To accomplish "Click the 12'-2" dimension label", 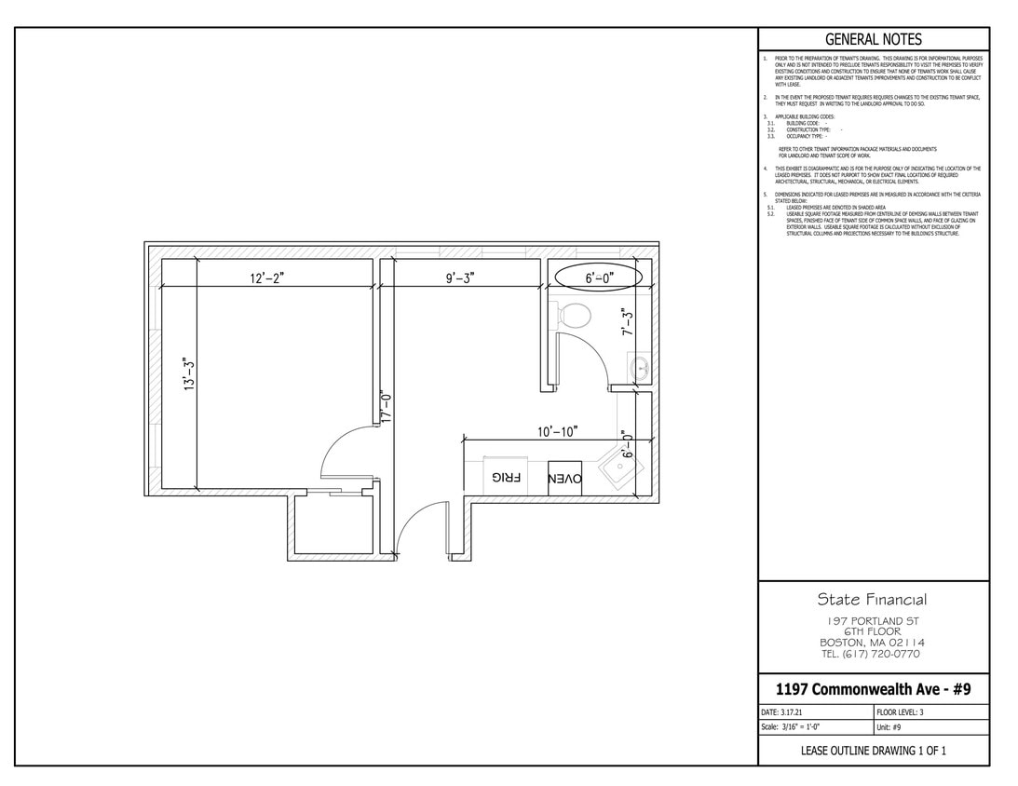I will [266, 278].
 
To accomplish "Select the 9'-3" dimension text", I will [460, 278].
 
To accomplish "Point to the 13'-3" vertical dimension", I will [189, 374].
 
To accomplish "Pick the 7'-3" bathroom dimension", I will [629, 321].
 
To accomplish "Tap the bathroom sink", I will [641, 368].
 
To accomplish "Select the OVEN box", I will [565, 478].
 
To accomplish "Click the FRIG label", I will [509, 478].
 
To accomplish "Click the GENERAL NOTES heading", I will [874, 39].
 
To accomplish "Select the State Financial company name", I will [872, 600].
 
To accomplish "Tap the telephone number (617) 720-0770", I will [872, 654].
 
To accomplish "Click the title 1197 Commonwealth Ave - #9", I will [873, 689].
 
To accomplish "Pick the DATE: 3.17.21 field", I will [782, 711].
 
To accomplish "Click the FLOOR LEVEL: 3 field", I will [900, 711].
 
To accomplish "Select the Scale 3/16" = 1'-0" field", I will [791, 727].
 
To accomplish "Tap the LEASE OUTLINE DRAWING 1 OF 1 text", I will [873, 751].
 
